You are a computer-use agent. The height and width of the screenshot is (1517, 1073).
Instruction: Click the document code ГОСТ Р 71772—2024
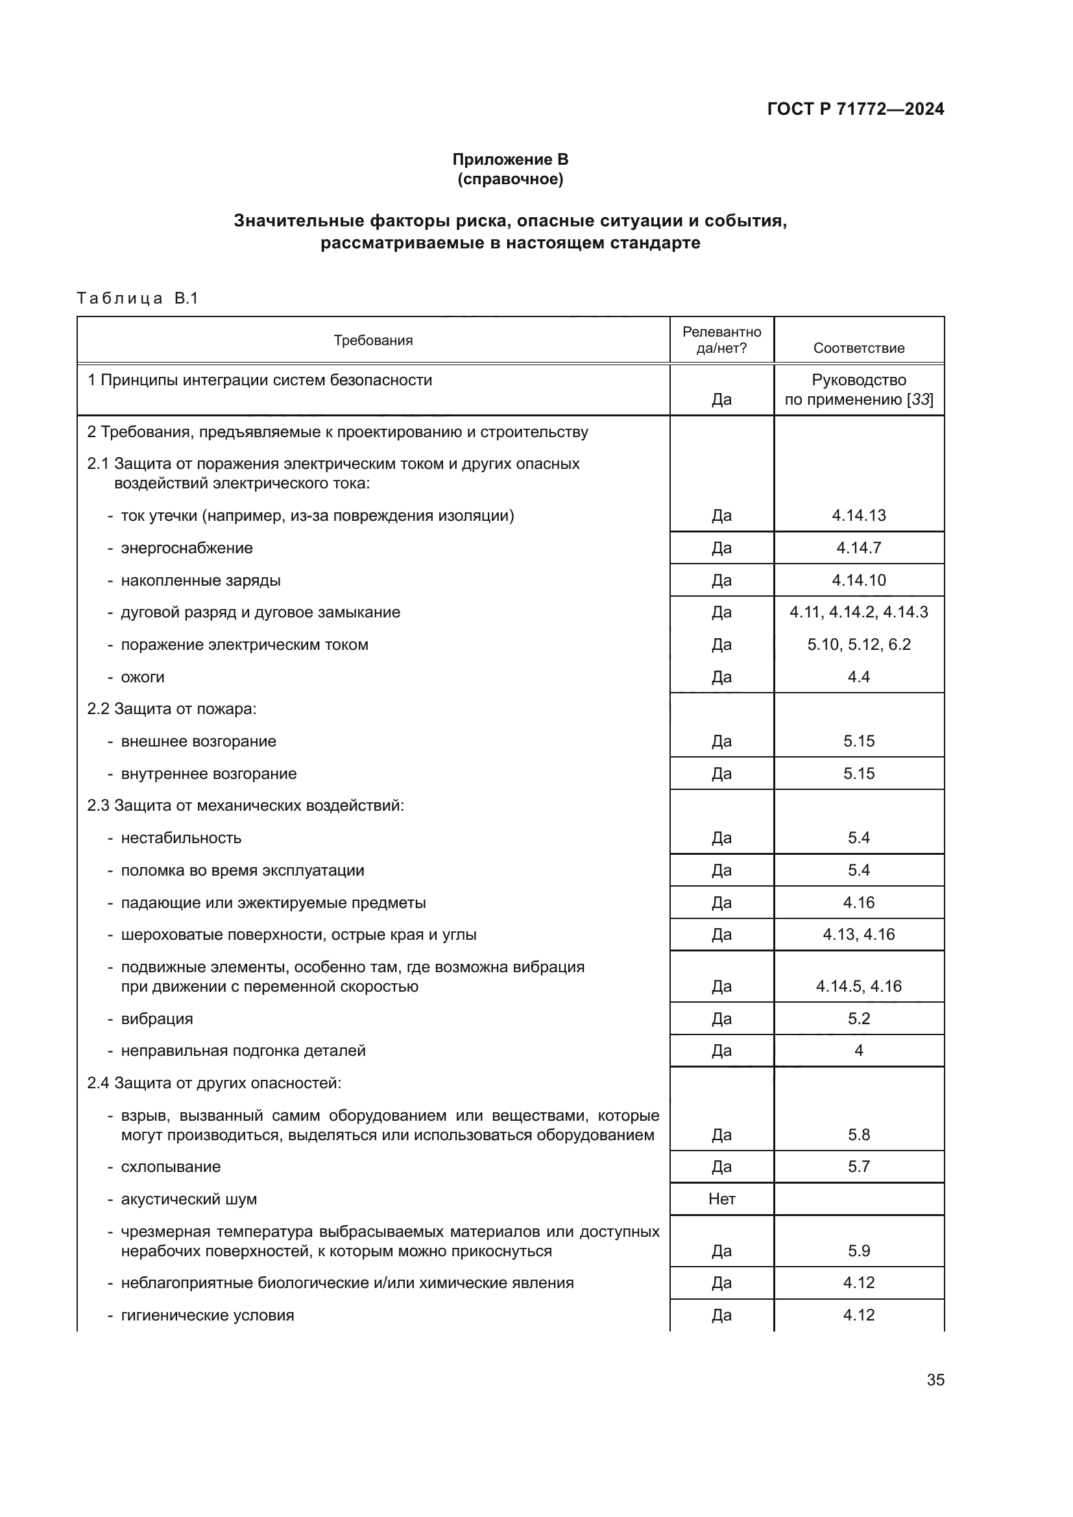click(855, 109)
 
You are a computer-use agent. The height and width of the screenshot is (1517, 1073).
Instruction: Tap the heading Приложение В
click(510, 160)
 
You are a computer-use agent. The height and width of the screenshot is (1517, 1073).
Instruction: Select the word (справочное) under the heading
click(510, 179)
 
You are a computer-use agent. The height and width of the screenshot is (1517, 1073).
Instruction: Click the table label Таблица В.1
click(138, 298)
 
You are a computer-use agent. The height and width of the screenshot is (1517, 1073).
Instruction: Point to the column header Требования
click(372, 340)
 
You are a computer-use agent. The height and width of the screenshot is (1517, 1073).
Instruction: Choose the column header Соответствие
click(858, 348)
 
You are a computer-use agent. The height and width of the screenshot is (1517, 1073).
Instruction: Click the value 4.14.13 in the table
click(858, 516)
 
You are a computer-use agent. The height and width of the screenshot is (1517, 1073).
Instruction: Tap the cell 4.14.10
click(858, 580)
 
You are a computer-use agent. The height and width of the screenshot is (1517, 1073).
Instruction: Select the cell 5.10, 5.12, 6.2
click(858, 644)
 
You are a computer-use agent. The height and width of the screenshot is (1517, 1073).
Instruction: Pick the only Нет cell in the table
click(721, 1199)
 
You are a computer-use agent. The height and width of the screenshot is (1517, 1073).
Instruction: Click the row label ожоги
click(143, 676)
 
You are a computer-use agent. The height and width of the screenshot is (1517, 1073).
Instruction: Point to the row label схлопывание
click(171, 1166)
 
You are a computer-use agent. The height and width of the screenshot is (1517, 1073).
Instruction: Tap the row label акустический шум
click(189, 1199)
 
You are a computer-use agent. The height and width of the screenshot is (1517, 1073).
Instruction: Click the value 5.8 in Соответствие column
click(858, 1134)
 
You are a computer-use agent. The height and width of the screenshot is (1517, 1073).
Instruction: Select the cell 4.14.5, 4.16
click(858, 986)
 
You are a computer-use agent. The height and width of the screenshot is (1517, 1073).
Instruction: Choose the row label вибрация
click(156, 1018)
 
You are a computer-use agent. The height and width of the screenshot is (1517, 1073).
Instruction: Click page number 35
click(935, 1380)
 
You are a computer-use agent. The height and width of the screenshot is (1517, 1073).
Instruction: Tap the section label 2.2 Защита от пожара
click(172, 709)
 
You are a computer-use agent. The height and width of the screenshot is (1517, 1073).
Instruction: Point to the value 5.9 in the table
click(858, 1250)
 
